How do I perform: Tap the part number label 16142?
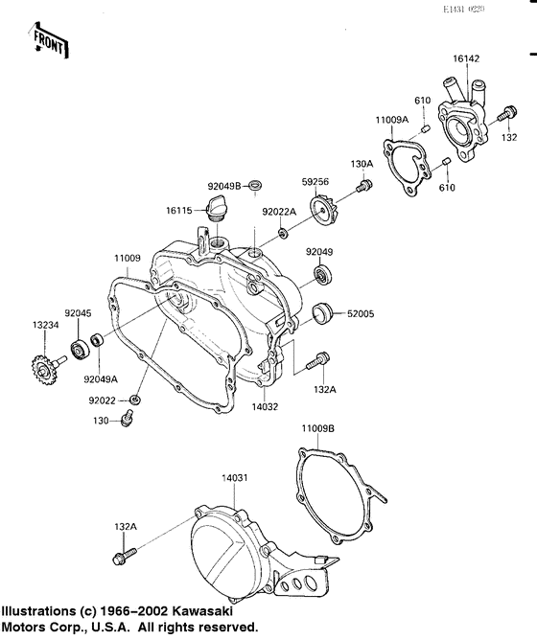point(466,58)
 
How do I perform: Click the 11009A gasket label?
point(391,120)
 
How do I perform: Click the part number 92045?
point(79,312)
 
